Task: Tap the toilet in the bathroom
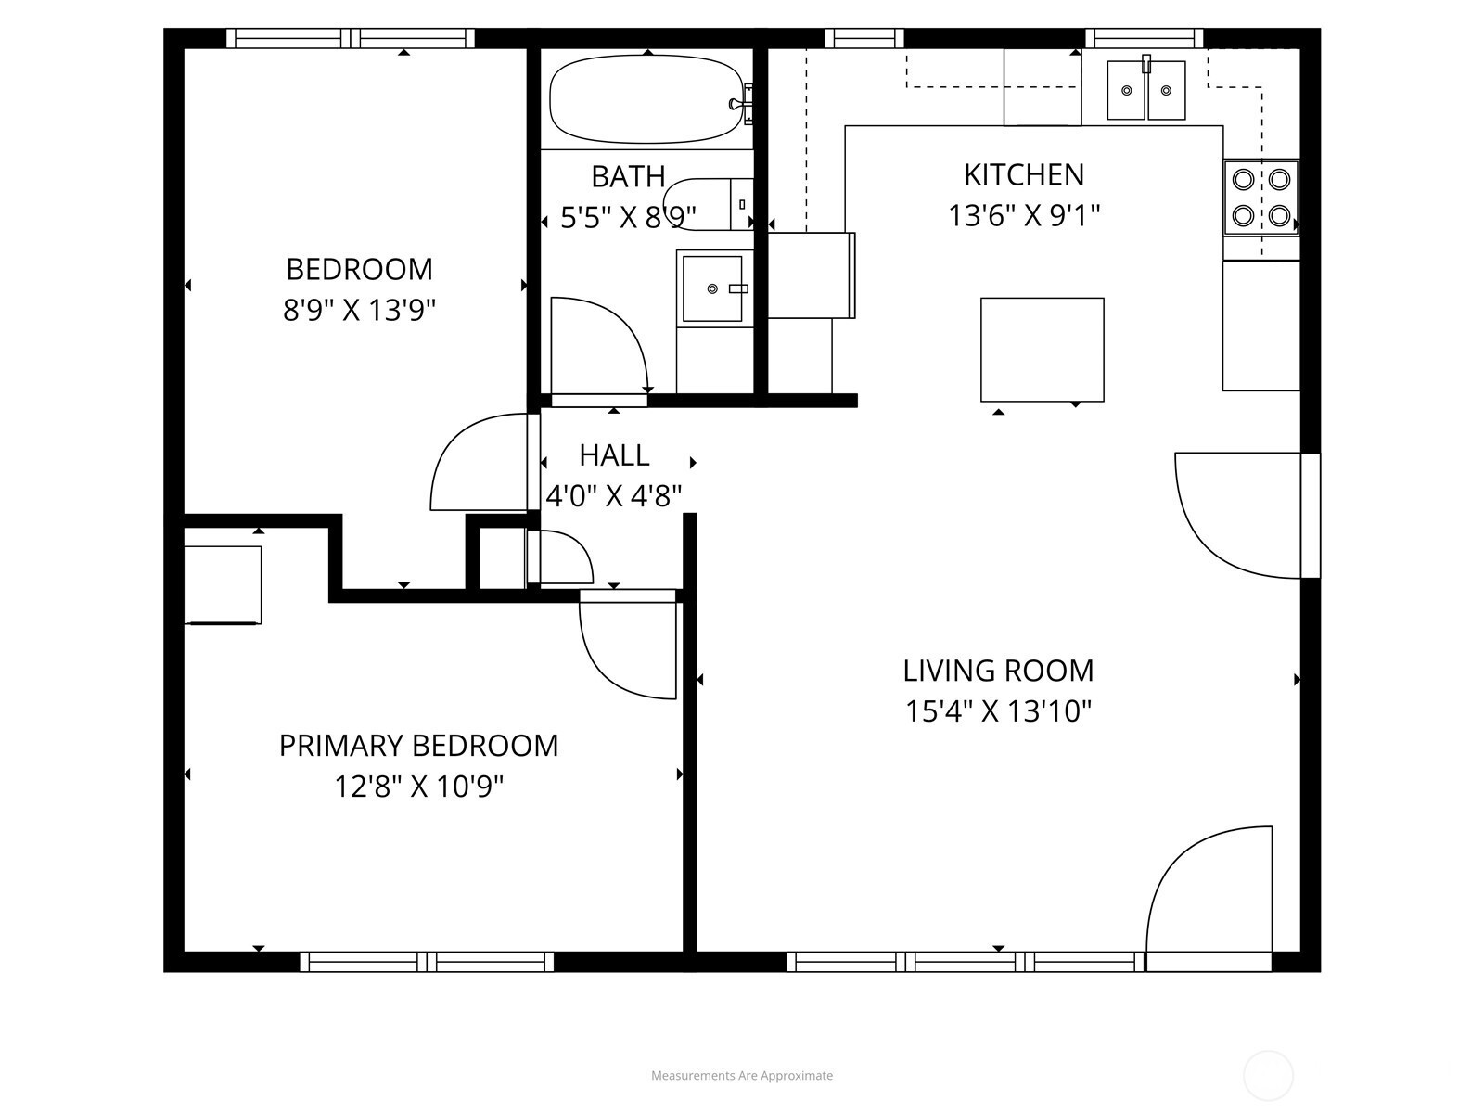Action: pyautogui.click(x=708, y=203)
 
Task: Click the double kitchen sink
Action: pyautogui.click(x=1146, y=90)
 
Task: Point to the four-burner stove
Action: pyautogui.click(x=1260, y=198)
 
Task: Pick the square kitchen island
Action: pyautogui.click(x=1042, y=350)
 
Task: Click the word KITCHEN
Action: pyautogui.click(x=1024, y=175)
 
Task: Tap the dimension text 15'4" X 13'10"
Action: pyautogui.click(x=998, y=710)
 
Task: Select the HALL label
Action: pyautogui.click(x=615, y=455)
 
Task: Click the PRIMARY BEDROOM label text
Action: pyautogui.click(x=418, y=746)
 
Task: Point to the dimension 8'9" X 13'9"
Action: pyautogui.click(x=359, y=311)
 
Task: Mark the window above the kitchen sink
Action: pyautogui.click(x=1144, y=38)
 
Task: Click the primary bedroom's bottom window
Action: pyautogui.click(x=427, y=961)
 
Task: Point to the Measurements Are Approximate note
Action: pyautogui.click(x=742, y=1075)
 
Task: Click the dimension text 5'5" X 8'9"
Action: pyautogui.click(x=628, y=218)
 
